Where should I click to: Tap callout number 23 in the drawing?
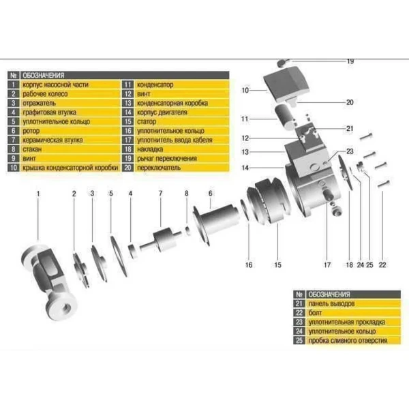[350, 151]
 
